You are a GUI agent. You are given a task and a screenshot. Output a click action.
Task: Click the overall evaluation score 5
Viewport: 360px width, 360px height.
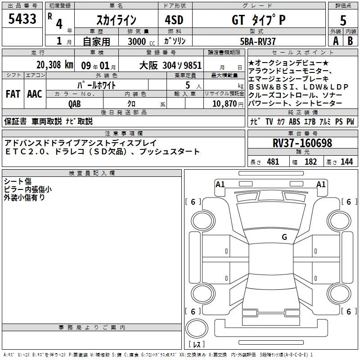point(343,20)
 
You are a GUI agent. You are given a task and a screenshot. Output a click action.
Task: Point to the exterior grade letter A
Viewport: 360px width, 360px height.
point(335,40)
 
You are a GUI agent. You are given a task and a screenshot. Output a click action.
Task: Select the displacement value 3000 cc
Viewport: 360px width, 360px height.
point(138,41)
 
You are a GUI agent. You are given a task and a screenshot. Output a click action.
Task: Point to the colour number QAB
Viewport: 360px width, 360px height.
point(75,103)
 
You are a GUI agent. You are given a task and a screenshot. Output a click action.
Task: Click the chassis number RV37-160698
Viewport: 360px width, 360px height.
point(302,143)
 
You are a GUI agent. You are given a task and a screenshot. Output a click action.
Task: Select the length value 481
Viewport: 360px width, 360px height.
point(273,162)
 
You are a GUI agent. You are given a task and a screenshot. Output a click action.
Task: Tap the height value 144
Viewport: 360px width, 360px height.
point(346,162)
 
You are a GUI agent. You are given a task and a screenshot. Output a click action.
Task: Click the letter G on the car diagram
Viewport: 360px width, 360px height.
point(284,237)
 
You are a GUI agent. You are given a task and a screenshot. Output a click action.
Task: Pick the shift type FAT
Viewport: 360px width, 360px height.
point(13,94)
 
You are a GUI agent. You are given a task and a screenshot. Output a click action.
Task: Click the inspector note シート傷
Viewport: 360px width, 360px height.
point(18,181)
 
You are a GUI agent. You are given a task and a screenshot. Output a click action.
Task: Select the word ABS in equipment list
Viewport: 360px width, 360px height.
point(294,122)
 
